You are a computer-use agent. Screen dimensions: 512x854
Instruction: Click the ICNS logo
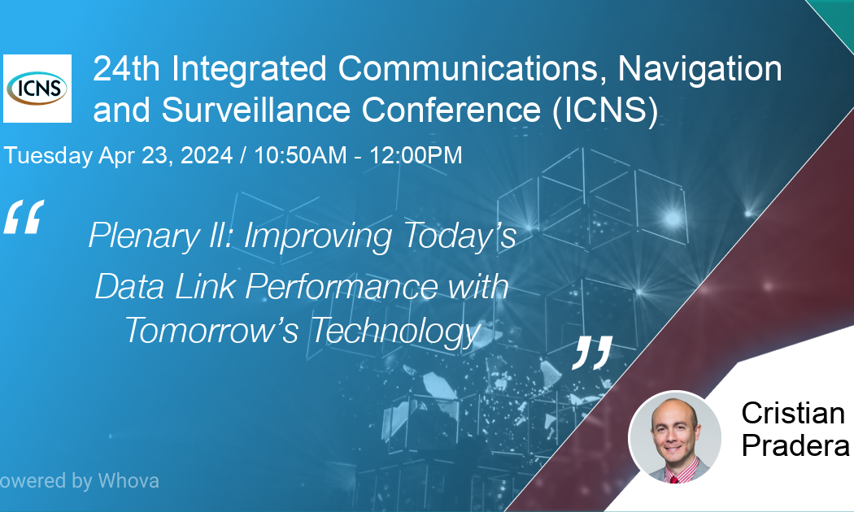[37, 88]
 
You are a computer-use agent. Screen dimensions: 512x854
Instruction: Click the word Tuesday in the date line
[48, 155]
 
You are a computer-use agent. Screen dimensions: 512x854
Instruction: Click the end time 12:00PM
[416, 155]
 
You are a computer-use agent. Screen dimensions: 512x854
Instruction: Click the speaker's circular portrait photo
[674, 437]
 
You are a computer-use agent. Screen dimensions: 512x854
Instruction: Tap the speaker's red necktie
[674, 477]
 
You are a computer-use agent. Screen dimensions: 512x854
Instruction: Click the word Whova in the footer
[128, 480]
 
